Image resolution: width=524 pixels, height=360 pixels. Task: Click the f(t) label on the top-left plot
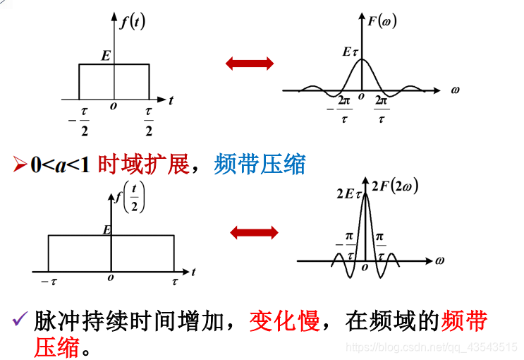(132, 21)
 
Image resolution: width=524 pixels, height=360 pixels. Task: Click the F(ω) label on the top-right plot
(382, 20)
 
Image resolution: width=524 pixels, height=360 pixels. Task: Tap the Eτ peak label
(350, 52)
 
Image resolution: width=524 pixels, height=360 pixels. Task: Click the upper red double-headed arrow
(250, 64)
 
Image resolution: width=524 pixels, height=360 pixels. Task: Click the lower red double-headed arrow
(254, 232)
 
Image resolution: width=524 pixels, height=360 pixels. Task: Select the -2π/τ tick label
(341, 109)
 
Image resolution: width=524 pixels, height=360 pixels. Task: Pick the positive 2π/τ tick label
(382, 109)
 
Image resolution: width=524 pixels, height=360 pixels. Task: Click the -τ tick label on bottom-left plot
(49, 282)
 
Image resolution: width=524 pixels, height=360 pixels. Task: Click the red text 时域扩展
(143, 164)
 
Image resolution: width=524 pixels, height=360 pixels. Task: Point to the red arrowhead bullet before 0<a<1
(20, 164)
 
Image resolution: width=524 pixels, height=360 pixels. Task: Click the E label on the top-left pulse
(105, 54)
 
